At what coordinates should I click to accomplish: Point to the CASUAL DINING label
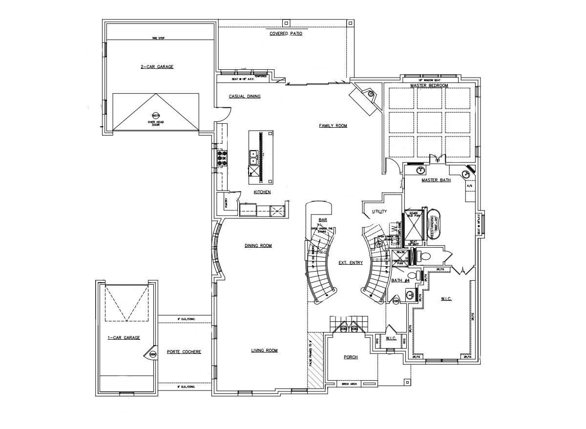pyautogui.click(x=245, y=97)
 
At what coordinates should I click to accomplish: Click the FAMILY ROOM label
pyautogui.click(x=333, y=126)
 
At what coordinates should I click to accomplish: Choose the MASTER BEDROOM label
pyautogui.click(x=429, y=86)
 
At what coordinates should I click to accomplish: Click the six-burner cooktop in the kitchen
pyautogui.click(x=221, y=158)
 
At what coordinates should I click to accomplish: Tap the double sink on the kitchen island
pyautogui.click(x=254, y=156)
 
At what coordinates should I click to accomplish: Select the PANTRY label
pyautogui.click(x=227, y=203)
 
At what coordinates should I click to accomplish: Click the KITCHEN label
pyautogui.click(x=262, y=193)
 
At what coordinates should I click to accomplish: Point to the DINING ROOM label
pyautogui.click(x=258, y=246)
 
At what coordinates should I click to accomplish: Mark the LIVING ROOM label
pyautogui.click(x=264, y=351)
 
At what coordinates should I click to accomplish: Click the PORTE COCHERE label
pyautogui.click(x=184, y=352)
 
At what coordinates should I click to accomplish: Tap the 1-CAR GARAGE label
pyautogui.click(x=124, y=337)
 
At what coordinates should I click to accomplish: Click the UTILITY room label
pyautogui.click(x=379, y=212)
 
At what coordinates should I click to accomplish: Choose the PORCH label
pyautogui.click(x=351, y=357)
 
